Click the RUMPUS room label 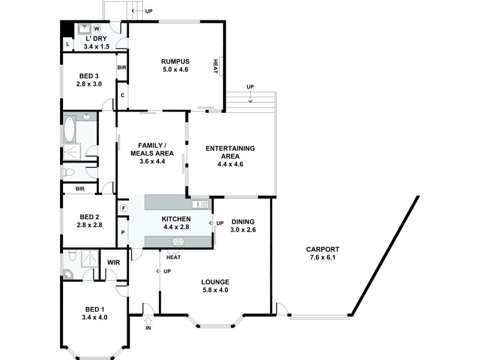(x=175, y=61)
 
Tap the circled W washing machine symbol (x=97, y=28)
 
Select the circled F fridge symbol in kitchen (x=123, y=208)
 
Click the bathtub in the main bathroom (x=70, y=129)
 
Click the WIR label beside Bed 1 (x=114, y=262)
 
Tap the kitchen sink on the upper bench (x=200, y=205)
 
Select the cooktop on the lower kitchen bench (x=178, y=242)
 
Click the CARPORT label (x=322, y=250)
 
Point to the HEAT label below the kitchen (x=173, y=257)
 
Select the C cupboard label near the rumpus (x=122, y=95)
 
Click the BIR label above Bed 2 (x=80, y=188)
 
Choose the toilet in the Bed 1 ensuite (x=71, y=256)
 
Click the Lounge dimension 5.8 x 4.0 (x=215, y=290)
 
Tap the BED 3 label (x=89, y=76)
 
